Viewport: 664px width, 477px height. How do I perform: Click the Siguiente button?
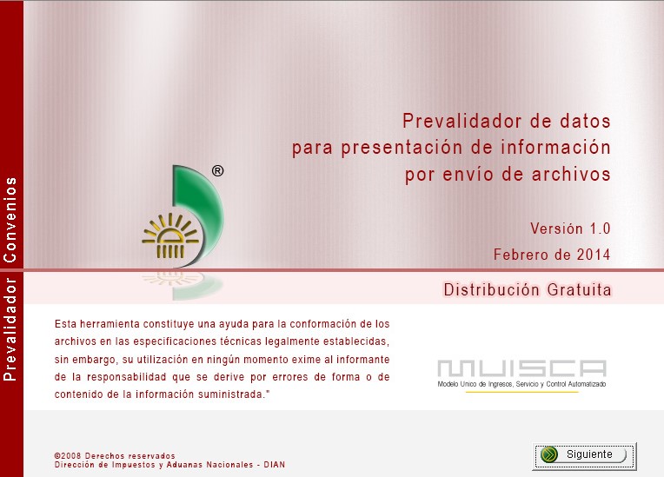(x=584, y=455)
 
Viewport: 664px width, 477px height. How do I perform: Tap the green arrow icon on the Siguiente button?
(x=549, y=454)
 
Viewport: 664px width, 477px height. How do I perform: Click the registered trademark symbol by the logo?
(x=217, y=171)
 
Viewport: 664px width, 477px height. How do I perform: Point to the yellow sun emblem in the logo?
(x=170, y=235)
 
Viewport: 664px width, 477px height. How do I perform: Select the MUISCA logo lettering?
(x=521, y=368)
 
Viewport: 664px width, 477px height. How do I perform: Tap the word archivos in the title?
(x=571, y=175)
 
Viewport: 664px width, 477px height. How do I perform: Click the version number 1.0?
(x=600, y=229)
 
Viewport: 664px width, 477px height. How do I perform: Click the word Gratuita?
(x=580, y=290)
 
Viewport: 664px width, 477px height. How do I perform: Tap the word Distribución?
(x=491, y=290)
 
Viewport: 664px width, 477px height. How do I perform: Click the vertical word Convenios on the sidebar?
(x=10, y=220)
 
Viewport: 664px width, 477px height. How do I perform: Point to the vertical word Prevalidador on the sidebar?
(x=10, y=329)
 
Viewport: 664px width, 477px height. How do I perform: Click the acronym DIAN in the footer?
(x=275, y=465)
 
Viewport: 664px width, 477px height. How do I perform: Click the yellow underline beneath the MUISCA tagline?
(x=521, y=392)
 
